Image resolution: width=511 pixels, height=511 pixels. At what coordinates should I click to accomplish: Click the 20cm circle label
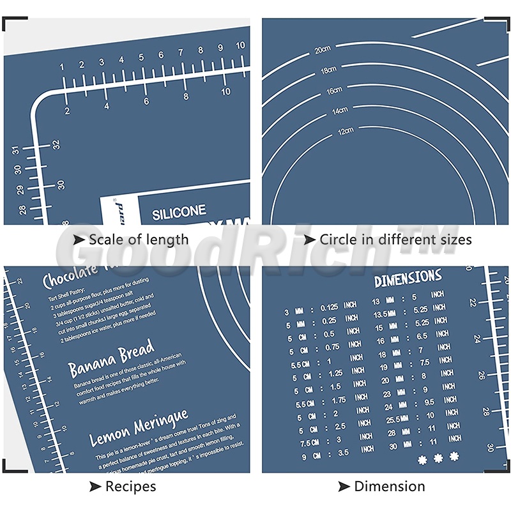[322, 49]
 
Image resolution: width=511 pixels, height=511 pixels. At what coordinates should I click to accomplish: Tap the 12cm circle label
[346, 131]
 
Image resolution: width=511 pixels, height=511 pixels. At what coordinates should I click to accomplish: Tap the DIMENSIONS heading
[408, 278]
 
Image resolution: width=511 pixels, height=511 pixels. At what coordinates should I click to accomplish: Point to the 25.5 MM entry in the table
[393, 419]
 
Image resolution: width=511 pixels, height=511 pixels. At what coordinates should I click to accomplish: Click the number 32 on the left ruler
[56, 144]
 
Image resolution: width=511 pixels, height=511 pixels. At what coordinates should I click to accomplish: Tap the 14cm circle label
[339, 111]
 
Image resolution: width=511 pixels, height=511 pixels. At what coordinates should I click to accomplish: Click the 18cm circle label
[328, 70]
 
